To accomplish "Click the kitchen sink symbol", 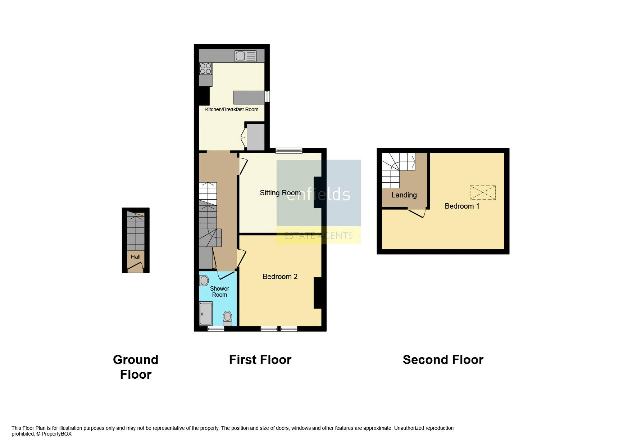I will click(x=246, y=56).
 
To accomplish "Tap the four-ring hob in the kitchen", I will click(x=205, y=68).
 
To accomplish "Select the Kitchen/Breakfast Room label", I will click(x=232, y=109).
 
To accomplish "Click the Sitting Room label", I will click(x=280, y=193).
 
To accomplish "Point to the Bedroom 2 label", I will click(x=280, y=277).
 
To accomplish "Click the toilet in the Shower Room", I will click(x=227, y=318).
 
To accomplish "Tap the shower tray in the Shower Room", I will click(x=206, y=314).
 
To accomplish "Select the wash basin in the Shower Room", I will click(x=204, y=280).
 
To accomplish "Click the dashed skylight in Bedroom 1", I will click(x=483, y=192).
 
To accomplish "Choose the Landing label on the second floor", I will click(x=404, y=195).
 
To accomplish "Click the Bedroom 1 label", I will click(x=462, y=206).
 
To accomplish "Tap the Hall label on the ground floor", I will click(x=136, y=257).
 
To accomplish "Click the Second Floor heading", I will click(x=443, y=360).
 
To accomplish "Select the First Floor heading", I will click(x=260, y=360).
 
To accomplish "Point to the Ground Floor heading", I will click(x=136, y=367).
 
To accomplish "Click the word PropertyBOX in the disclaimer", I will click(x=56, y=434).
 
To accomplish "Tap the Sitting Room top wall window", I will click(x=289, y=150).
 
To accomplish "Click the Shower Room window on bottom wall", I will click(x=215, y=328).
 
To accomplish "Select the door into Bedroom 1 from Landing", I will click(x=417, y=213).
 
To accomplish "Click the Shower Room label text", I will click(x=219, y=292).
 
